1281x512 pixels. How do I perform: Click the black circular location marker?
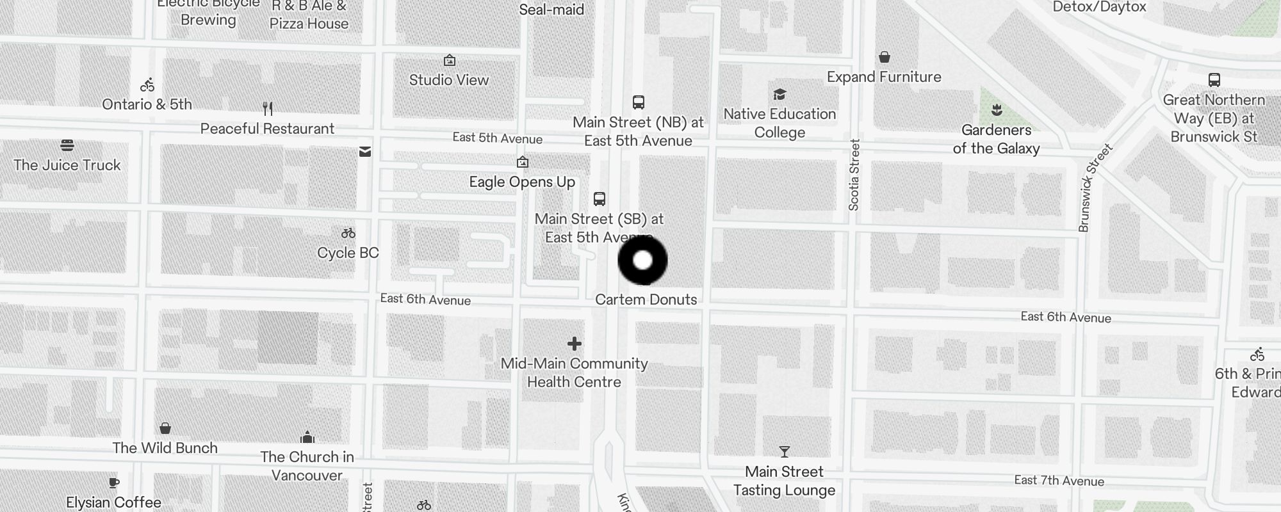[x=642, y=260]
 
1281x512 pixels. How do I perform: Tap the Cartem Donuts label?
[x=646, y=300]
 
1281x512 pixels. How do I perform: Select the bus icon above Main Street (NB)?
[x=639, y=102]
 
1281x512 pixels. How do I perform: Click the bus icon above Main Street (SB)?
[x=600, y=199]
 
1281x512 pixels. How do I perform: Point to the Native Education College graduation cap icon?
[x=779, y=95]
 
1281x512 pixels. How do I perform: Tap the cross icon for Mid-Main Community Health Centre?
[x=575, y=344]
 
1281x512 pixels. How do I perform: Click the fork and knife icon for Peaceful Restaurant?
[x=268, y=109]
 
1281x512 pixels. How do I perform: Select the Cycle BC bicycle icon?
[x=348, y=234]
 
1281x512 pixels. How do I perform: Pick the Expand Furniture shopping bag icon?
[x=885, y=58]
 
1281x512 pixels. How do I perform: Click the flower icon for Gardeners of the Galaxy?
[x=997, y=110]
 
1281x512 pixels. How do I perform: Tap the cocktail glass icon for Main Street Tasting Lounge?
[x=785, y=452]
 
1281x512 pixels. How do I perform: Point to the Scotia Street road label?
[x=854, y=175]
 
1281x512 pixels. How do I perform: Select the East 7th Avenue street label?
[x=1059, y=481]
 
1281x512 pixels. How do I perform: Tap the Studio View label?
[x=449, y=80]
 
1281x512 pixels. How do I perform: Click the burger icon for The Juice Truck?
[x=67, y=145]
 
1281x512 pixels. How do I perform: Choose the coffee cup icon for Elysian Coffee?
[x=114, y=483]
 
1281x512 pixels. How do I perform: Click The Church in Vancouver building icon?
[x=307, y=438]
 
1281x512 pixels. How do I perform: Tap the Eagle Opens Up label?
[x=522, y=182]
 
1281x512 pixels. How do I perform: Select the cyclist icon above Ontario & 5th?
[x=147, y=84]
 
